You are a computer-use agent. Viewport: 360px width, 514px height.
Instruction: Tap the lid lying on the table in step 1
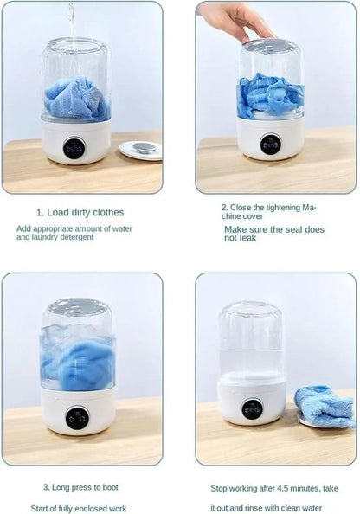pyautogui.click(x=140, y=149)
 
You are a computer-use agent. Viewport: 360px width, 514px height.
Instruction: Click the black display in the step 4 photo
pyautogui.click(x=253, y=408)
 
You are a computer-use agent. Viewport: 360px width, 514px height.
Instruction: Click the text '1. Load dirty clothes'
pyautogui.click(x=80, y=212)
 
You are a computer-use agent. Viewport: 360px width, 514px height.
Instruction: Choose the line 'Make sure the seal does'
pyautogui.click(x=274, y=229)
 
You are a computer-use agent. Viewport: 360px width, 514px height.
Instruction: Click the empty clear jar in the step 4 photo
pyautogui.click(x=251, y=342)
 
